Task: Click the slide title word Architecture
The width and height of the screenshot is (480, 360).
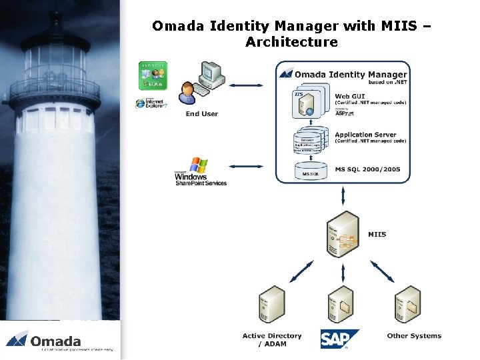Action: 291,42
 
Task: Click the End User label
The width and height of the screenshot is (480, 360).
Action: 201,114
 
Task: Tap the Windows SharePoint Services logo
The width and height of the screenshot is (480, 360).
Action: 200,172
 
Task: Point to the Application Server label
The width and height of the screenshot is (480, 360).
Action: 370,135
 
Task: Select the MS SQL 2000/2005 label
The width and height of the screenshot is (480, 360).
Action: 367,169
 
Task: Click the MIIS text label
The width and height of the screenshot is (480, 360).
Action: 377,234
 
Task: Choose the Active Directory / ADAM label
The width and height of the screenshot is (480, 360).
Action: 271,339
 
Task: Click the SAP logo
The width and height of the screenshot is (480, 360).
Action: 339,339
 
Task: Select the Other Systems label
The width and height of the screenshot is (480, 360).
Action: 414,336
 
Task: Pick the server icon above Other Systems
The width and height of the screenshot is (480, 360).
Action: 407,304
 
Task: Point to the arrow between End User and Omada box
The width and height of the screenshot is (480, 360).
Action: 249,85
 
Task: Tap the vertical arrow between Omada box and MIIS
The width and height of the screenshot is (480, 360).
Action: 343,196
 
